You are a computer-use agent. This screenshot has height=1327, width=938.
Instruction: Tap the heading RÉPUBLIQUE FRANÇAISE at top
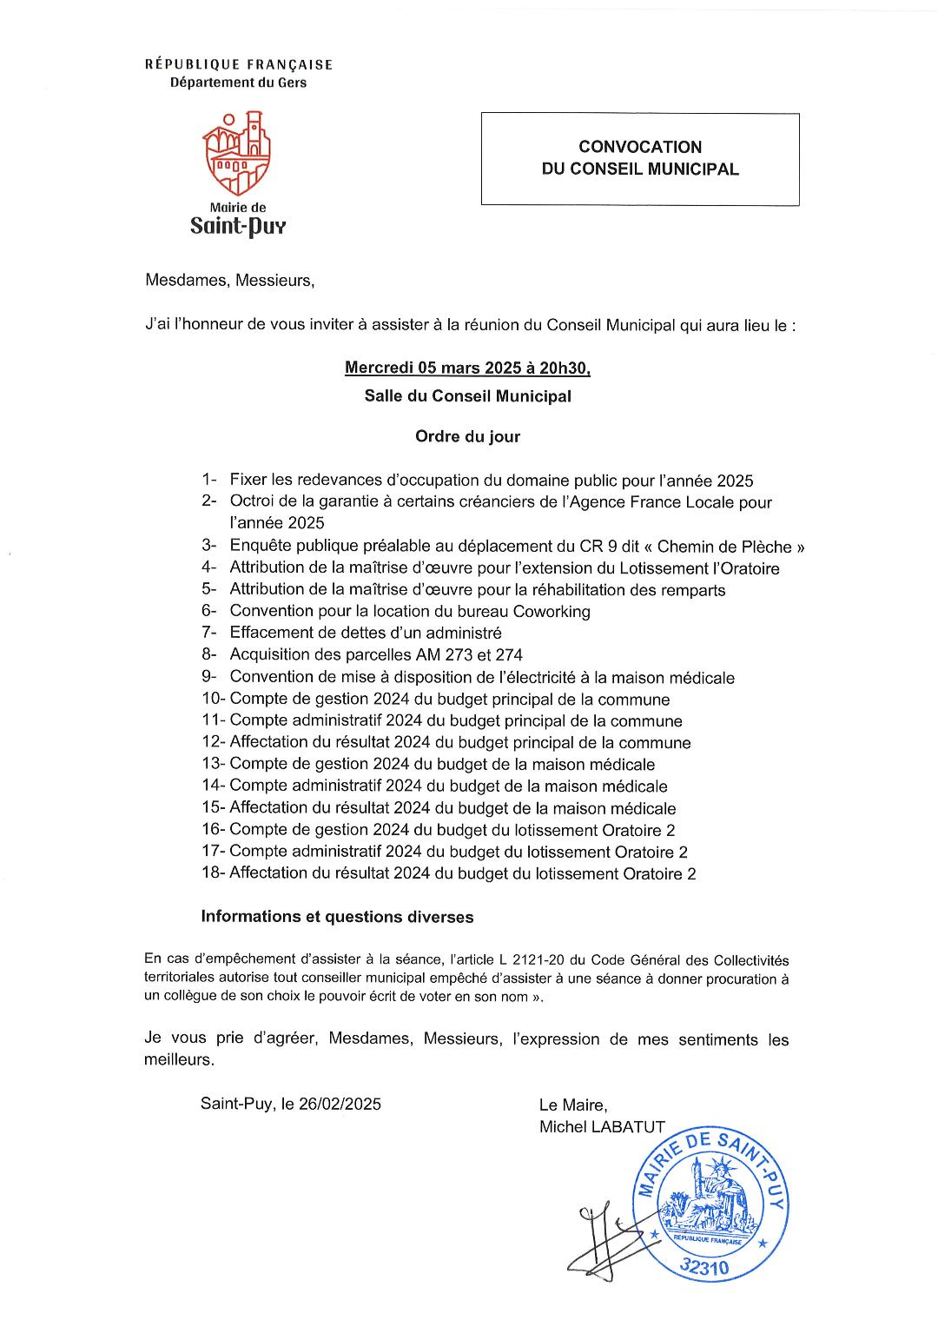coord(239,64)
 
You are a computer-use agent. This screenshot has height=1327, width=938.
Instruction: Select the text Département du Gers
coord(239,83)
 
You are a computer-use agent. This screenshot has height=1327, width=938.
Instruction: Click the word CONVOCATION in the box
coord(640,147)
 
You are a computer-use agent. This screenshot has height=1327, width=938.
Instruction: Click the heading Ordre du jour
coord(467,436)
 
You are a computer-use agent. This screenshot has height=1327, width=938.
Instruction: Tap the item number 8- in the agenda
coord(208,655)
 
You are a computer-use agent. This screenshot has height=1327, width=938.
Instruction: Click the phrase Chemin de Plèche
coord(724,547)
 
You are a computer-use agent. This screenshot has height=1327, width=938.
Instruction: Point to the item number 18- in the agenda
coord(213,873)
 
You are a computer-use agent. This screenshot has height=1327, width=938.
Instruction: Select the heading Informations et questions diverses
coord(337,917)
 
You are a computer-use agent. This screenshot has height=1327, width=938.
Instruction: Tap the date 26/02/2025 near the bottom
coord(340,1105)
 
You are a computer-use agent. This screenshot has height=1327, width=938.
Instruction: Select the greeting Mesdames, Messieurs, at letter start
coord(228,281)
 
